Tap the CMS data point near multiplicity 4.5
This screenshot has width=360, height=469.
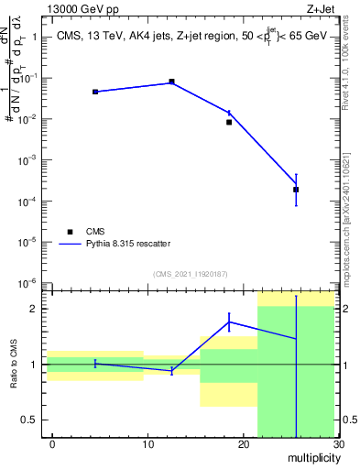tap(95, 92)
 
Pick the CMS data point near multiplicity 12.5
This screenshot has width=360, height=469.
tap(171, 82)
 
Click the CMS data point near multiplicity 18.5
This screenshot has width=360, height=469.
tap(229, 122)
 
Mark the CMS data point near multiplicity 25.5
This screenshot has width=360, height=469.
tap(296, 190)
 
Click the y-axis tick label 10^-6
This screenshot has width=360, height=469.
tap(28, 283)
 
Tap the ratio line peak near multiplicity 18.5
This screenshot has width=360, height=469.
tap(229, 321)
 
